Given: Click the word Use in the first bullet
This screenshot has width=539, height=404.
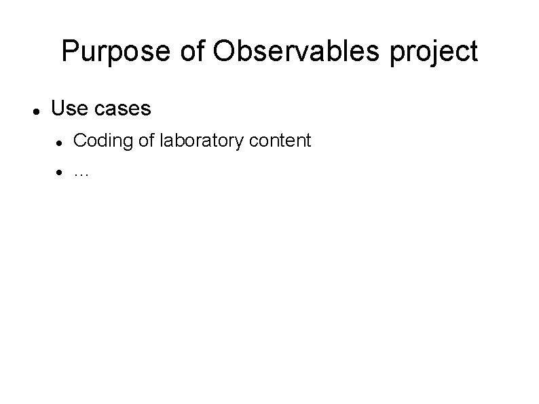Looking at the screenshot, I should point(67,108).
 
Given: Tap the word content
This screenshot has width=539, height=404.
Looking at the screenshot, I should point(281,141).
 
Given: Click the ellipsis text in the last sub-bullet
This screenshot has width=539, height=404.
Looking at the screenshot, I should point(81,173).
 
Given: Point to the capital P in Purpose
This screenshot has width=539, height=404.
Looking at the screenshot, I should point(69,52).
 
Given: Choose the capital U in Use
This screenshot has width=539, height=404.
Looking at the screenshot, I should point(58,108).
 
